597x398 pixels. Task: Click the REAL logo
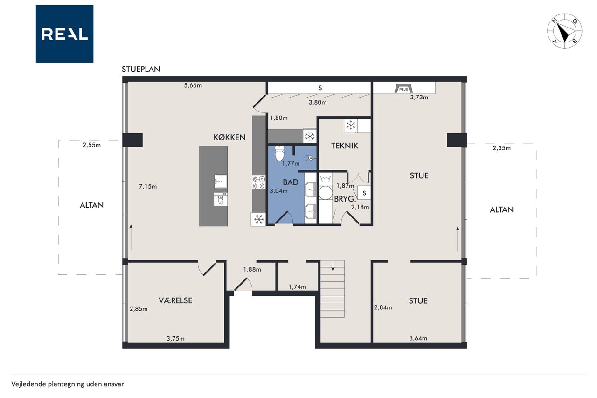point(64,34)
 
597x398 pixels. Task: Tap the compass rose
point(564,31)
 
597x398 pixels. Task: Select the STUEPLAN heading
point(141,70)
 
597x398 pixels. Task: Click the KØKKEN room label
point(229,137)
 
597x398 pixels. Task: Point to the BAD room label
point(291,182)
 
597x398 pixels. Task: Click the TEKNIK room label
point(345,146)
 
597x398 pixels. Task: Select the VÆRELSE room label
point(175,300)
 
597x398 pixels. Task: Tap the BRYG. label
point(345,199)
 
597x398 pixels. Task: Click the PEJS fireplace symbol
point(403,89)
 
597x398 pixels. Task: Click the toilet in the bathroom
point(279,153)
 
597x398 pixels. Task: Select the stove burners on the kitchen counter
point(259,182)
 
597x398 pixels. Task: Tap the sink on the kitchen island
point(221,182)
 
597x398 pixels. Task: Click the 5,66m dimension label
point(193,85)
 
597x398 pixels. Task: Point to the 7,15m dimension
point(148,187)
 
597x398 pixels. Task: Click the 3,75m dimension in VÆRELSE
point(176,339)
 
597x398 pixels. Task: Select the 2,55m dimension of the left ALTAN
point(92,145)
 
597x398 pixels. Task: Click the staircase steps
point(333,289)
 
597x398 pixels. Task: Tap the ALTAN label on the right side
point(501,210)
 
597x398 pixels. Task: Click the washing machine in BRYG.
point(326,193)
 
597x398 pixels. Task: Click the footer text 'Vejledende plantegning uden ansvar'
point(68,384)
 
